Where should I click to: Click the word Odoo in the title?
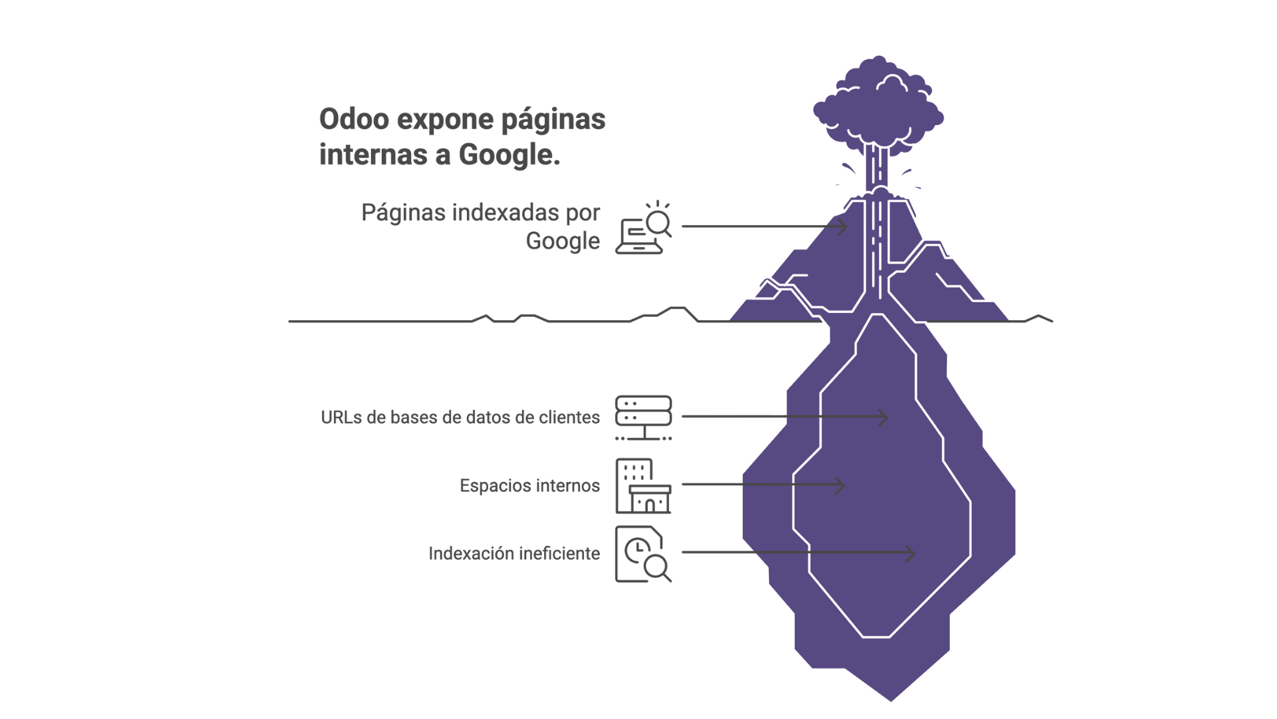pos(354,120)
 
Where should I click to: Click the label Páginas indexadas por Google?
pos(480,226)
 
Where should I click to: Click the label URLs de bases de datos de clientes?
pos(460,417)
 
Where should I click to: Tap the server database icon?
pos(643,418)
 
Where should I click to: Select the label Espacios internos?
pos(529,486)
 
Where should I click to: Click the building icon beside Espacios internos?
pos(643,486)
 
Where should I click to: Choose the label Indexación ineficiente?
pos(514,554)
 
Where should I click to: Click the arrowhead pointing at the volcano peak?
pos(843,226)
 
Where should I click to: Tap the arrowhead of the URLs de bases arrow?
pos(884,417)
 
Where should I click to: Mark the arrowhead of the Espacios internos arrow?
pos(841,485)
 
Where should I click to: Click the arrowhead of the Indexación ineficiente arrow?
pos(911,553)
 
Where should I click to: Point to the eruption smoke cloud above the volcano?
pos(878,107)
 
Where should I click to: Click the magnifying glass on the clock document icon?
pos(656,567)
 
